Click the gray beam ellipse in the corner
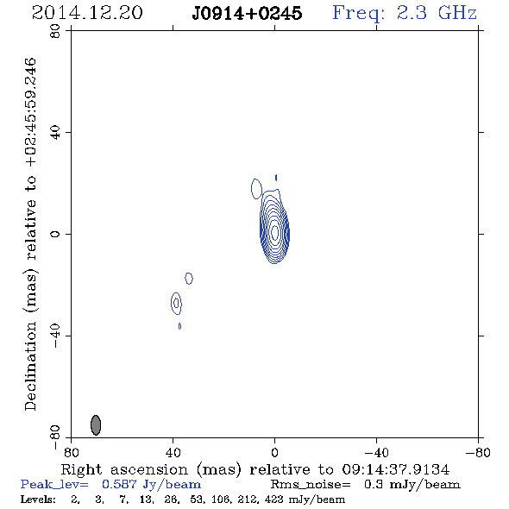tap(96, 425)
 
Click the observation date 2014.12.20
tap(87, 13)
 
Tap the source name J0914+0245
tap(247, 13)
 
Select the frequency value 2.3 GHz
tap(437, 13)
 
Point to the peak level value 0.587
tap(119, 484)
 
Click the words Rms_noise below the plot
tap(311, 485)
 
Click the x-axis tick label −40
tap(376, 453)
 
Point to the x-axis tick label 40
tap(173, 453)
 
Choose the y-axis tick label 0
tap(55, 234)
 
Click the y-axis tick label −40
tap(55, 336)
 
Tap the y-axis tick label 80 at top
tap(55, 31)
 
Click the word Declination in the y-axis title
tap(30, 367)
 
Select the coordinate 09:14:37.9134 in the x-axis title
tap(396, 469)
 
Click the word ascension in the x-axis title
tap(149, 469)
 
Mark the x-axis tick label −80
tap(478, 453)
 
